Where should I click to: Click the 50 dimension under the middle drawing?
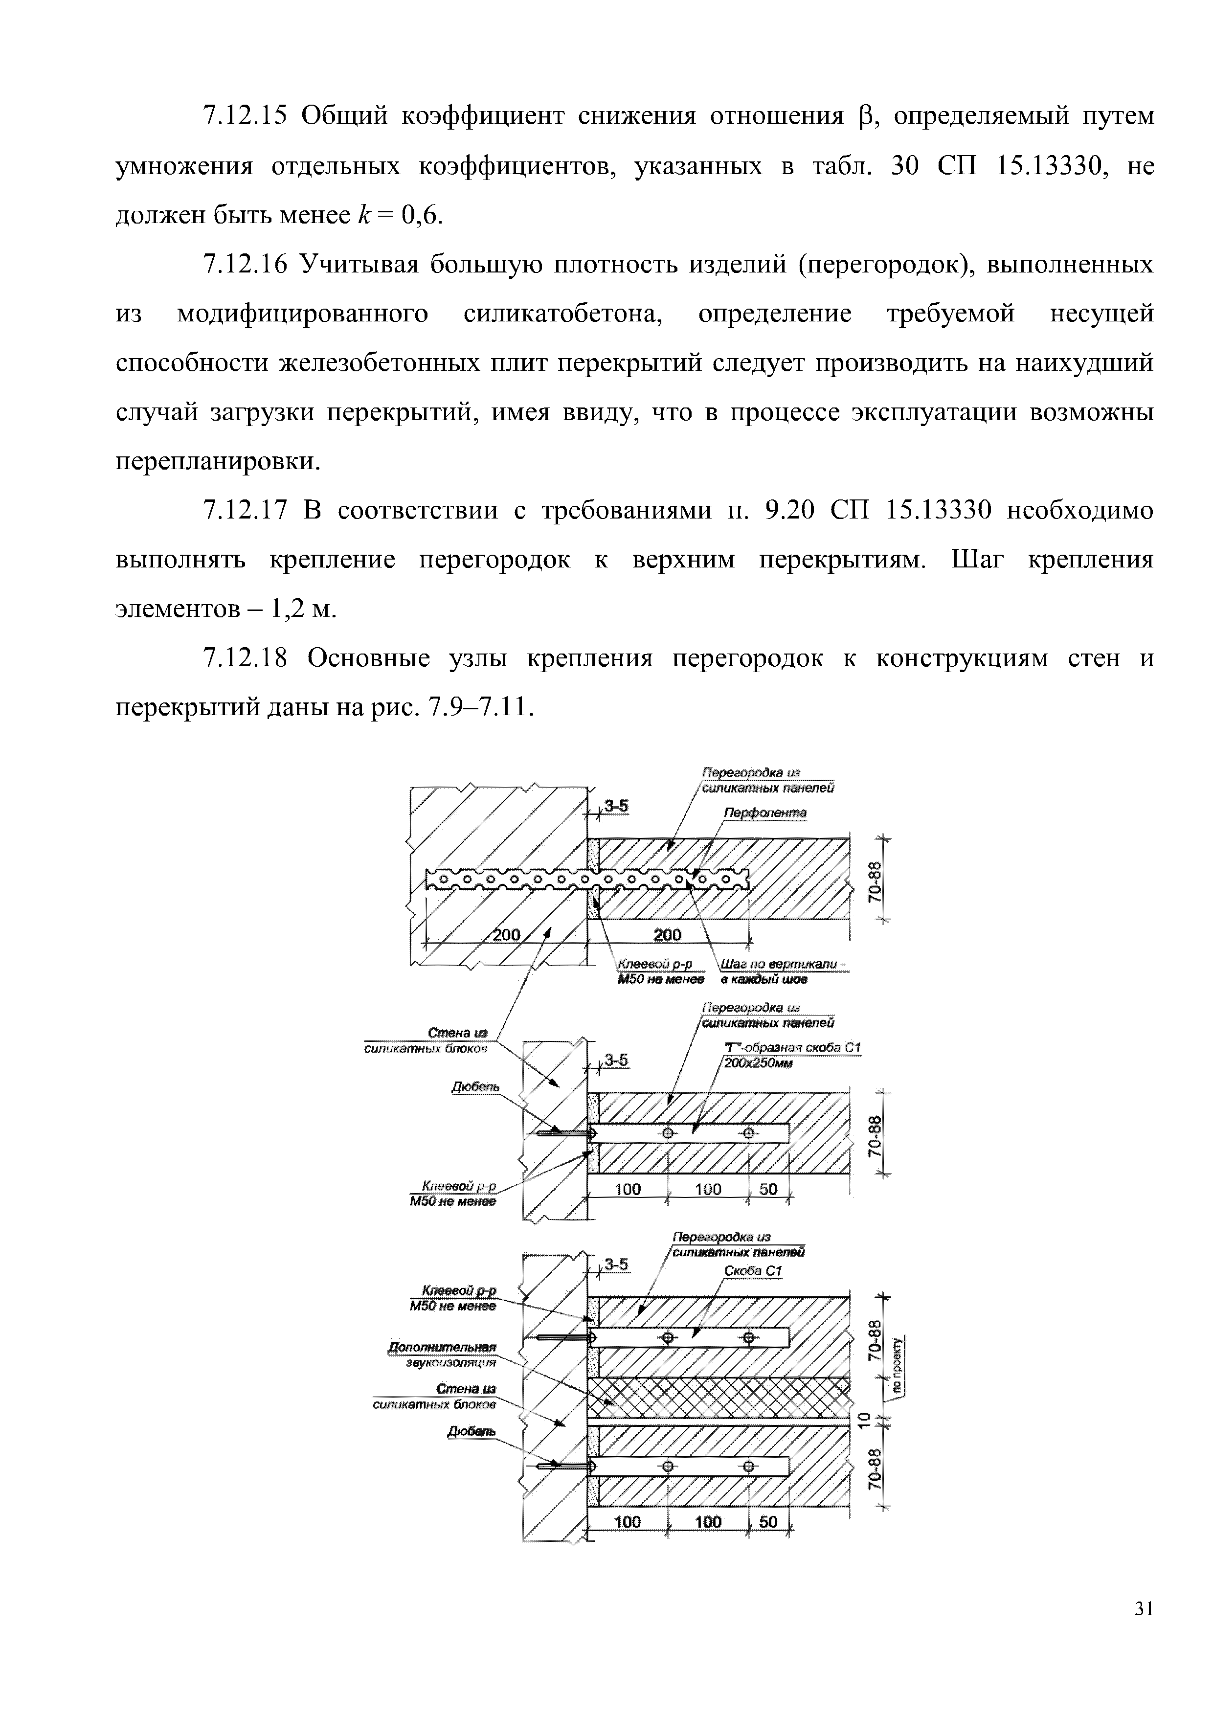pyautogui.click(x=767, y=1189)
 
